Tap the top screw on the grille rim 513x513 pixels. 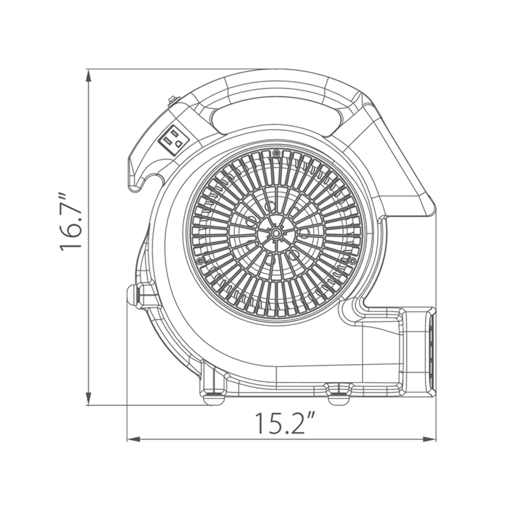click(276, 153)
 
